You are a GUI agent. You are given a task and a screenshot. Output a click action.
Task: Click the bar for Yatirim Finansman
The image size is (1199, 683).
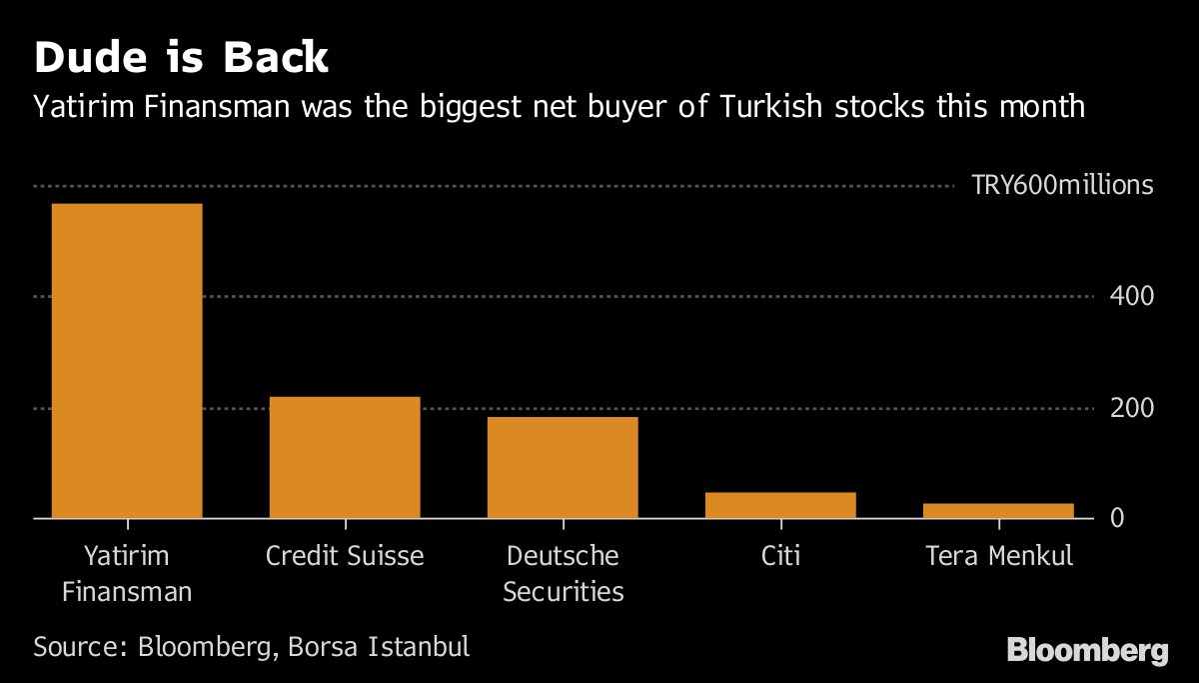[x=127, y=361]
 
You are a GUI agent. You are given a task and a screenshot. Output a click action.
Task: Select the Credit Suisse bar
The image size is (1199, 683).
[x=345, y=457]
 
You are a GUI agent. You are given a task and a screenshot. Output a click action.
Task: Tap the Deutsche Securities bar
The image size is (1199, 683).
[x=563, y=467]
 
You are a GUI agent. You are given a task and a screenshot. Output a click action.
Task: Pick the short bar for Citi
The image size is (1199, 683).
[x=780, y=505]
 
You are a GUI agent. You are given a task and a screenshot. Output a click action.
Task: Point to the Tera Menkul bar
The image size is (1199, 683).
[x=998, y=510]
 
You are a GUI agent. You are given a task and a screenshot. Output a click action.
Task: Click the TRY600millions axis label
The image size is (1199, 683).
[x=1062, y=186]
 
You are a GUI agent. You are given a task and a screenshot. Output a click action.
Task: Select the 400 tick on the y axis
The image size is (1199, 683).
[x=1131, y=297]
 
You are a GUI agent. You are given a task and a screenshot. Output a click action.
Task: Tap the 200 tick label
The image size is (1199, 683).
[x=1131, y=408]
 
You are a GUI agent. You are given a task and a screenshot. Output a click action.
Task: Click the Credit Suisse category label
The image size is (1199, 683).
[x=345, y=556]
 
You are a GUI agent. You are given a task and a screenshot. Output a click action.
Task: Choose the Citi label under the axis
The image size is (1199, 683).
[x=780, y=556]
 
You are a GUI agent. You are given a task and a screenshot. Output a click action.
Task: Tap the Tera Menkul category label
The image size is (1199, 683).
[x=999, y=556]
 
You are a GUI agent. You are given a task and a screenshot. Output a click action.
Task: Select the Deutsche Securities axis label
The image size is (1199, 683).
[x=563, y=573]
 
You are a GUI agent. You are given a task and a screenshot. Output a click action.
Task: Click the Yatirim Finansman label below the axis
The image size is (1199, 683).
[x=127, y=573]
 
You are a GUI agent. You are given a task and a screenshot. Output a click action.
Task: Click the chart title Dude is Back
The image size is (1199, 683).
[x=181, y=58]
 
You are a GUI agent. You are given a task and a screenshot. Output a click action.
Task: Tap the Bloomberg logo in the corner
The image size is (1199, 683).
[x=1087, y=651]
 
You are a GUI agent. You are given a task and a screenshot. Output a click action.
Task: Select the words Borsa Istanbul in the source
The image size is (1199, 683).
[x=378, y=646]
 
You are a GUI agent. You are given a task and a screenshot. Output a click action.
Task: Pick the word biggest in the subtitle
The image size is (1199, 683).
[x=493, y=106]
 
